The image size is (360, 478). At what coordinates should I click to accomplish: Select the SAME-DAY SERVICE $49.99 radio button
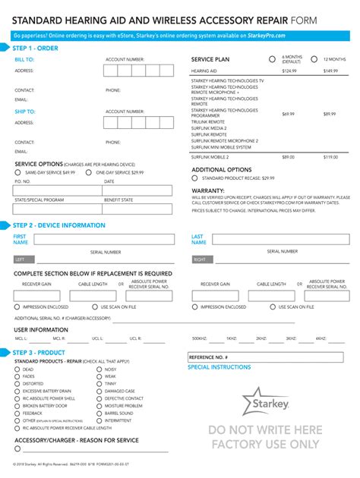pyautogui.click(x=18, y=173)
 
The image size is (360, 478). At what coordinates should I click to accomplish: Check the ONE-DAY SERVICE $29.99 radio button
pyautogui.click(x=90, y=173)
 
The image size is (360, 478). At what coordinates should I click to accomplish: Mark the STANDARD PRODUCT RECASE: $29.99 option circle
pyautogui.click(x=194, y=178)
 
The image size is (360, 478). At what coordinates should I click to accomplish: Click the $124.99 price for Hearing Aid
pyautogui.click(x=289, y=71)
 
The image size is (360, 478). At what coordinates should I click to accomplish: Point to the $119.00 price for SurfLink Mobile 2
pyautogui.click(x=330, y=156)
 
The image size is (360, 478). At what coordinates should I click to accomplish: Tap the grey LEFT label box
pyautogui.click(x=24, y=259)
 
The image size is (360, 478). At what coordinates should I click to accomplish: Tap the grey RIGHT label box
pyautogui.click(x=201, y=259)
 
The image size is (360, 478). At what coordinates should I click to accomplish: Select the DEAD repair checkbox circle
pyautogui.click(x=17, y=369)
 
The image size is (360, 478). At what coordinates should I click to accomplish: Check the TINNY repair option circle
pyautogui.click(x=99, y=384)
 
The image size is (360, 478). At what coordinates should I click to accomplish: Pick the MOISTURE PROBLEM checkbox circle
pyautogui.click(x=99, y=406)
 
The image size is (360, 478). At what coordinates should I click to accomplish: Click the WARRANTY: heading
pyautogui.click(x=207, y=190)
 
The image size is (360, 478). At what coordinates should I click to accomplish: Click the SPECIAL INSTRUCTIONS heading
pyautogui.click(x=219, y=367)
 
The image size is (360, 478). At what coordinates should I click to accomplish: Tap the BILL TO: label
pyautogui.click(x=24, y=58)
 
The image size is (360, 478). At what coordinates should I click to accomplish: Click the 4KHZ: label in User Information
pyautogui.click(x=321, y=338)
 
